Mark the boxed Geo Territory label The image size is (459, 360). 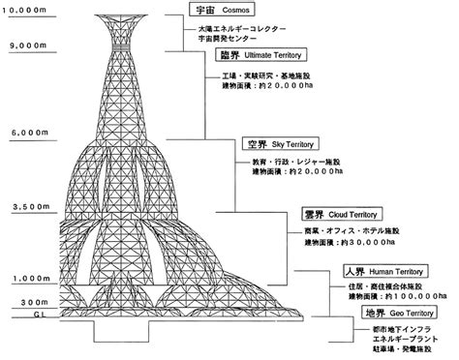[x=396, y=315]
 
